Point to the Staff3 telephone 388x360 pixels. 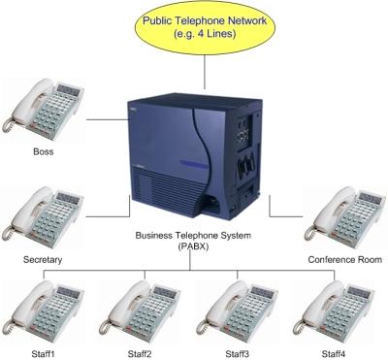tap(238, 311)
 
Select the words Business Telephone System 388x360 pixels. tap(193, 236)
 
